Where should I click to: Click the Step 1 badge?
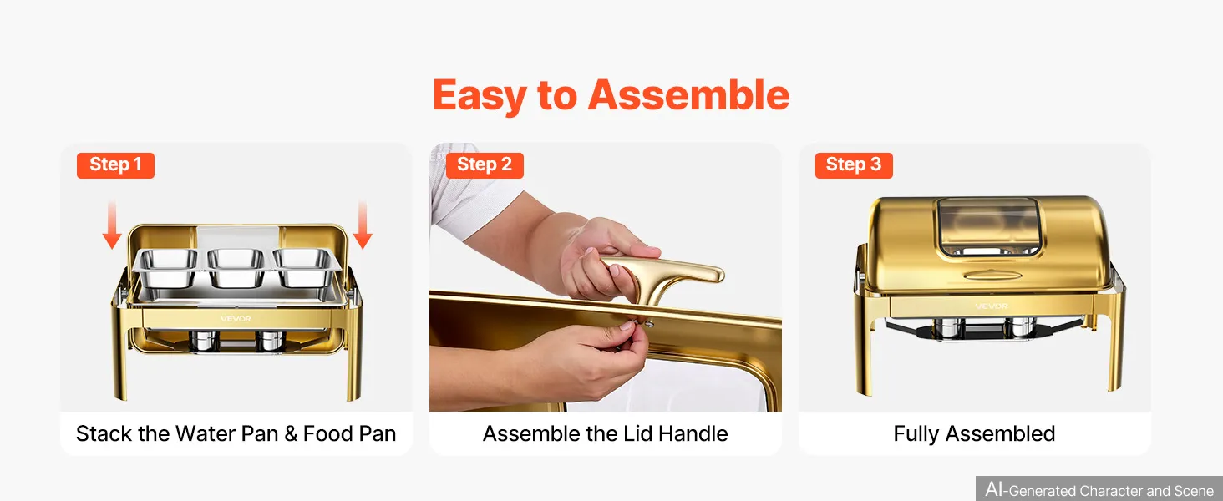tap(115, 165)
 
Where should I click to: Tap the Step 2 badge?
tap(485, 165)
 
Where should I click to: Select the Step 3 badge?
tap(854, 165)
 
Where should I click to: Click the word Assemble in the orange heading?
tap(688, 95)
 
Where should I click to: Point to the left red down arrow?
tap(112, 225)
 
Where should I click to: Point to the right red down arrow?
tap(363, 225)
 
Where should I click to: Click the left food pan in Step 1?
tap(166, 266)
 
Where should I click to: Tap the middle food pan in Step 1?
tap(236, 267)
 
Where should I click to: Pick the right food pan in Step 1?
tap(306, 266)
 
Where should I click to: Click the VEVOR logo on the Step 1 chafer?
tap(236, 319)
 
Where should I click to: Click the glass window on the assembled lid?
tap(989, 227)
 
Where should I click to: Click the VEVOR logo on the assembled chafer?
tap(992, 306)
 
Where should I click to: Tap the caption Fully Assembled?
tap(974, 434)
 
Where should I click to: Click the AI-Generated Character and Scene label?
tap(1099, 489)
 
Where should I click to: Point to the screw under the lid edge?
tap(650, 324)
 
